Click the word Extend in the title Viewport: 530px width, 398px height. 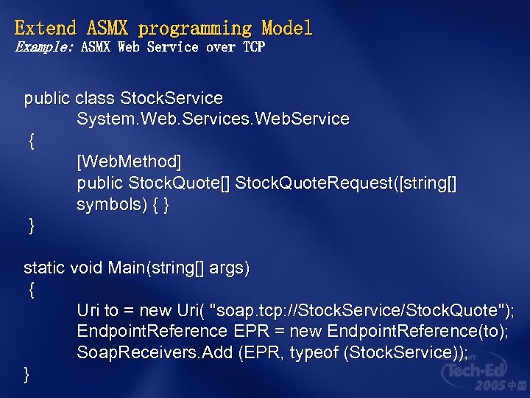pos(46,29)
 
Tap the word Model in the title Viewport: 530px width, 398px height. pos(286,29)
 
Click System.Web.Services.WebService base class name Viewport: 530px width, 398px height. pos(213,119)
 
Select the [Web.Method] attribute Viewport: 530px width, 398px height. pos(129,161)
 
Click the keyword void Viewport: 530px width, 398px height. pos(86,268)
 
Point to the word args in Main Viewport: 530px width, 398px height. pos(229,268)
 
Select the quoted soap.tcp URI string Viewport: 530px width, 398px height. pos(358,311)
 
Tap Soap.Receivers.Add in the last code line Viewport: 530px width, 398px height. pos(155,353)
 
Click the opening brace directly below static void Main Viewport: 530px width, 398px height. pos(31,290)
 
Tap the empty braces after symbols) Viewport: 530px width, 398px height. pos(160,205)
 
